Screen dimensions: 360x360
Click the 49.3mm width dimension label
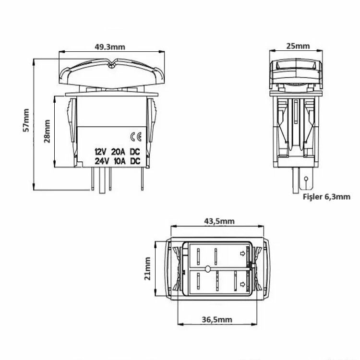tap(110, 47)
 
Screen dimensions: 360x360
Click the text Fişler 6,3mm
tap(326, 196)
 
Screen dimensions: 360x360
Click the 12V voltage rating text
tap(101, 152)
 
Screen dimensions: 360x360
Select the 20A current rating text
tap(118, 152)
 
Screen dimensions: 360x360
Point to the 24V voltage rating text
tap(101, 161)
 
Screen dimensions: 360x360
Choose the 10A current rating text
tap(118, 161)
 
